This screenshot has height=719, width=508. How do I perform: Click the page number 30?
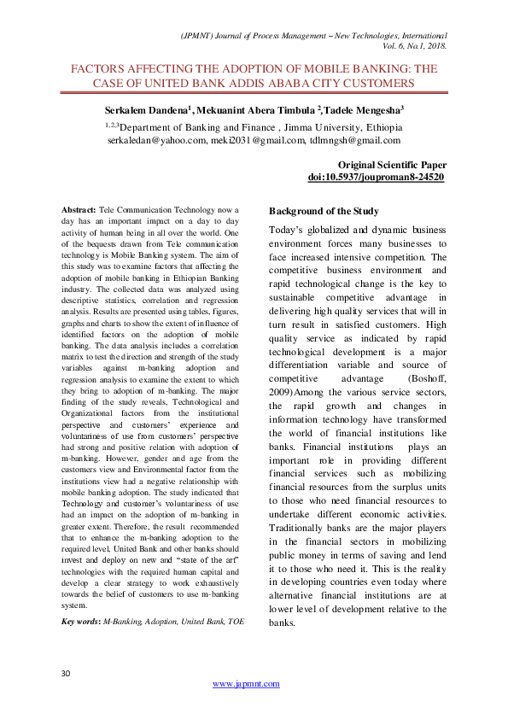coord(65,675)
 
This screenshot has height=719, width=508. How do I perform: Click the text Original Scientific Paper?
coord(391,164)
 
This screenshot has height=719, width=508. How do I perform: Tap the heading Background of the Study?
coord(324,211)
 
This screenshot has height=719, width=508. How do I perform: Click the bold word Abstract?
coord(79,209)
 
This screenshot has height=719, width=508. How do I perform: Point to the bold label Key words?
coord(82,622)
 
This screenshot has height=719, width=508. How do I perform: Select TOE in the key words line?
coord(234,622)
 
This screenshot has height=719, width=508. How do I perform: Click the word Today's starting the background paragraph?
coord(288,230)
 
